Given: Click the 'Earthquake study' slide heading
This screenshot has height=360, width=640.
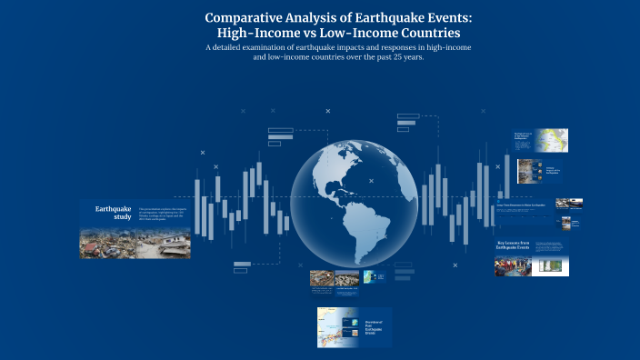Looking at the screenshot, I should [114, 213].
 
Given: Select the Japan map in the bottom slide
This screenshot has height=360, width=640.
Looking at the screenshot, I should [332, 328].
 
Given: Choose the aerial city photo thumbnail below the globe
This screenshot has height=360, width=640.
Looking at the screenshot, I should [346, 278].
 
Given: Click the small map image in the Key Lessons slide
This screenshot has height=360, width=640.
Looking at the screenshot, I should [549, 265].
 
